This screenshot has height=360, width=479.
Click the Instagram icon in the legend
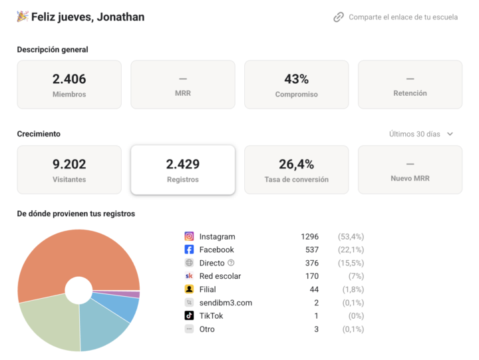(x=189, y=236)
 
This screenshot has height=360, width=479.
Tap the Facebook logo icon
(x=189, y=250)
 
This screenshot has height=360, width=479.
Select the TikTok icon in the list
(x=189, y=315)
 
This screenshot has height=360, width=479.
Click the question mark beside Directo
(x=231, y=262)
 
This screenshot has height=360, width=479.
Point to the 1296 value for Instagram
(x=309, y=236)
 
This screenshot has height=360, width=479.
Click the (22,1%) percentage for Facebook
(x=351, y=250)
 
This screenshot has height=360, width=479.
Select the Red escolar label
(x=220, y=276)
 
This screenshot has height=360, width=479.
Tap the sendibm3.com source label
(x=226, y=303)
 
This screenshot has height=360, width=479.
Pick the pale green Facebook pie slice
(x=52, y=324)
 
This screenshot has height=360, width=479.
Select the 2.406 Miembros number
(x=69, y=79)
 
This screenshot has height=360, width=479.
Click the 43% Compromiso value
(x=296, y=79)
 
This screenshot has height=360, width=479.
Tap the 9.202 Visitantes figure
(x=69, y=164)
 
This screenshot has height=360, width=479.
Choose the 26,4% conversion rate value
(x=296, y=164)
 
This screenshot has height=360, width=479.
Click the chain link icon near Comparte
(x=339, y=17)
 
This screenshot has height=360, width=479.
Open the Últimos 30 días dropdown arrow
(x=450, y=134)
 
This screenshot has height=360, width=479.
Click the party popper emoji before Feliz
(x=23, y=17)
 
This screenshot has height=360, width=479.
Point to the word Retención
(x=410, y=93)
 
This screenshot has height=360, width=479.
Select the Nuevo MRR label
(x=410, y=178)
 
